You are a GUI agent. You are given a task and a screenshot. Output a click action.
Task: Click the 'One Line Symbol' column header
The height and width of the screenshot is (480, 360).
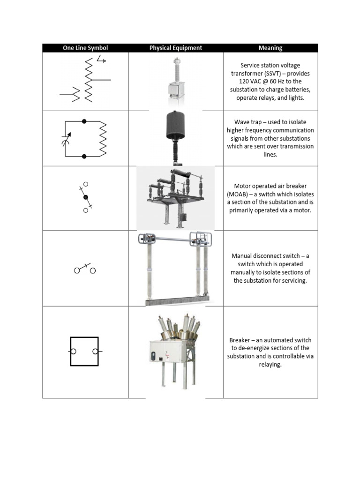85,48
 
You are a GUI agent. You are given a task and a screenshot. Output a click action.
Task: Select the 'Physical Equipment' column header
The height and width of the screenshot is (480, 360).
176,48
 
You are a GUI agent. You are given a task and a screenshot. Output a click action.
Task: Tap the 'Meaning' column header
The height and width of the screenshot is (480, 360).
270,48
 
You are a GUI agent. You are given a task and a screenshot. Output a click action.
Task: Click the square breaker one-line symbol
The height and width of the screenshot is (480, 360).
84,351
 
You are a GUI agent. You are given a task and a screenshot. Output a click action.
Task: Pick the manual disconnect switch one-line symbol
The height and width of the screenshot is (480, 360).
85,269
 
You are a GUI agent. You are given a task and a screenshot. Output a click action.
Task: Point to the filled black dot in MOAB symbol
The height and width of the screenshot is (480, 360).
86,197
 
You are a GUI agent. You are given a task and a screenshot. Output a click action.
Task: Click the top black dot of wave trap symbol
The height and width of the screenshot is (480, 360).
84,121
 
